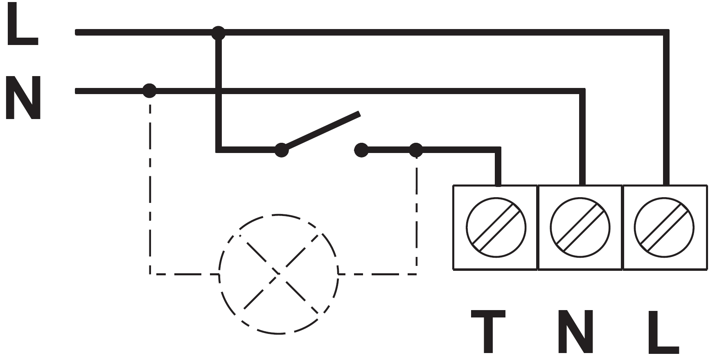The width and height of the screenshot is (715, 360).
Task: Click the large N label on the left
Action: coord(23,98)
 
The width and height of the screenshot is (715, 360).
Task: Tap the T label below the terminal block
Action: coord(488,331)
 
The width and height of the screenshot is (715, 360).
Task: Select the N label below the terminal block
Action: coord(575,331)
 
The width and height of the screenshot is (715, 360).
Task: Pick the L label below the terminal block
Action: coord(663,331)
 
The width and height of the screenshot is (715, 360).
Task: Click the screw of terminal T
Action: coord(496,227)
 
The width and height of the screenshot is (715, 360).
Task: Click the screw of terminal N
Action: coord(580,227)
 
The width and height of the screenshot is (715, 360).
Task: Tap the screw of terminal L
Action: coord(664,227)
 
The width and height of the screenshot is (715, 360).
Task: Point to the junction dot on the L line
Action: coord(219,33)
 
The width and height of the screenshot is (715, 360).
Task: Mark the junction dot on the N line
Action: coord(149,90)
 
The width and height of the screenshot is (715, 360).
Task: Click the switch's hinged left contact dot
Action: coord(281,150)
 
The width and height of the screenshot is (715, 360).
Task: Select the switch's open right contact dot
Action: coord(361,150)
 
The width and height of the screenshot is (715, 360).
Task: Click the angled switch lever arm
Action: coord(322,131)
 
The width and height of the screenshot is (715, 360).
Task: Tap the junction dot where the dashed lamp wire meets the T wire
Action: coord(416,150)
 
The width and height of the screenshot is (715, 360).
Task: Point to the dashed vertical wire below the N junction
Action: coord(150,184)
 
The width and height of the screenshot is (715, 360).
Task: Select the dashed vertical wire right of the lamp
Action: coord(417,215)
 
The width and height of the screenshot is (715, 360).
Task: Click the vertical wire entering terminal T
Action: coord(498,168)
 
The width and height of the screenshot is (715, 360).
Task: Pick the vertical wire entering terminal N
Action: coord(582,138)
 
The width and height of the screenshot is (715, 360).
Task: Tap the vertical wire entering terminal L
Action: coord(666,109)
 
